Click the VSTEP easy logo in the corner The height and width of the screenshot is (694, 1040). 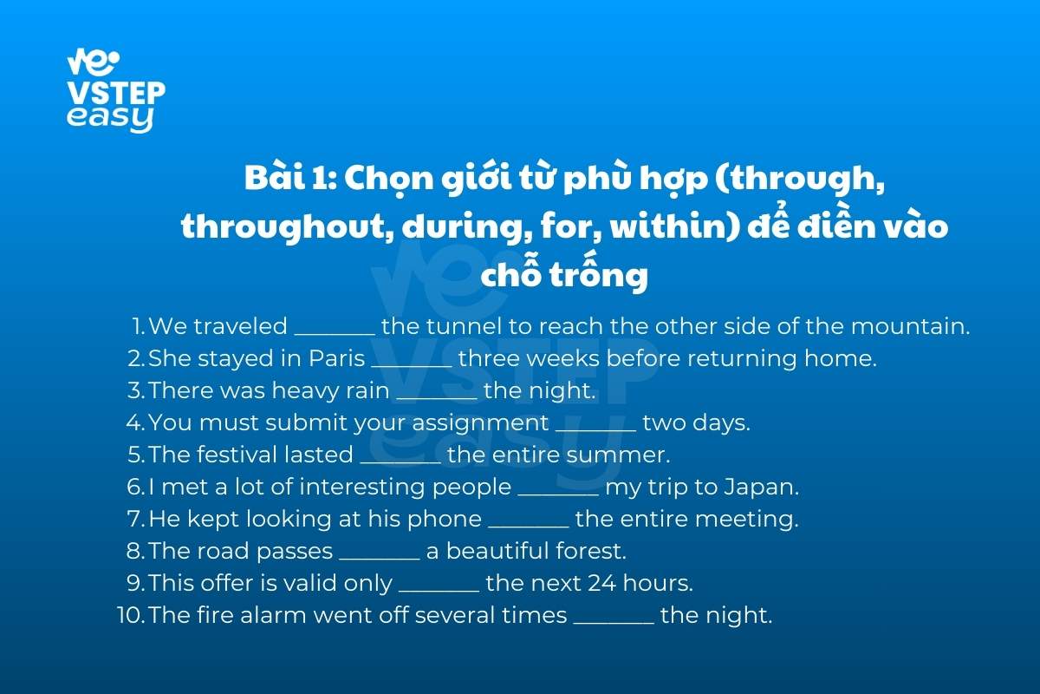pyautogui.click(x=116, y=90)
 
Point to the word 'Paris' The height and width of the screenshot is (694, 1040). pyautogui.click(x=336, y=358)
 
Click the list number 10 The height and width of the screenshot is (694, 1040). pyautogui.click(x=132, y=615)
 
